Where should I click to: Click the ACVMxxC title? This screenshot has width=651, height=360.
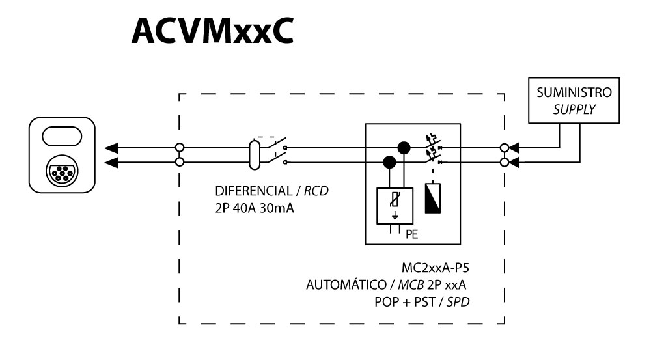coord(212,31)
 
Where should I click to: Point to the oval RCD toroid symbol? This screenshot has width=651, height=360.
coord(256,154)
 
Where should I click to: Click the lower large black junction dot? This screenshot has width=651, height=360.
coord(390,161)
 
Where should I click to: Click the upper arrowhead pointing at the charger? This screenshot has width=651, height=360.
coord(110,147)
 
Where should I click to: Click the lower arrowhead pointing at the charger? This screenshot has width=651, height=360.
coord(110,161)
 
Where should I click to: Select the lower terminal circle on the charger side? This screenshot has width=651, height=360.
coord(179,161)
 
